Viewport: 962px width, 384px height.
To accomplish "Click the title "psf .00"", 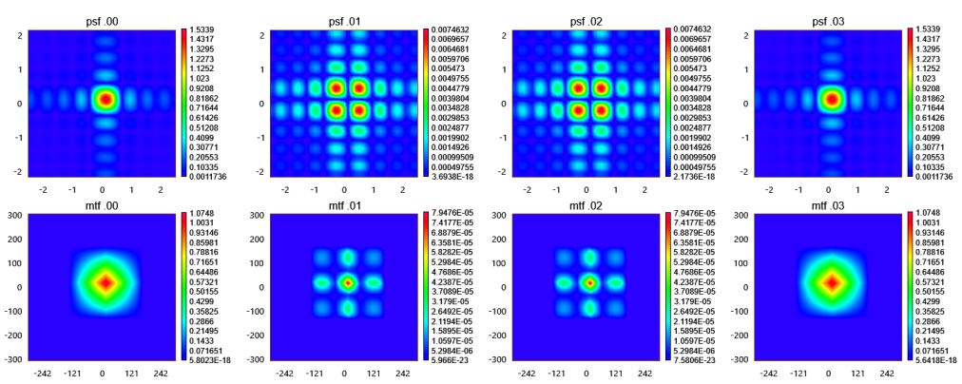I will [105, 18].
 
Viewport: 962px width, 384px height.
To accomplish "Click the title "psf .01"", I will [346, 18].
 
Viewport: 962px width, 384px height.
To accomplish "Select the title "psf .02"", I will [587, 18].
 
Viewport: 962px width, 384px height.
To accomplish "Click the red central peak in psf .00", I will [105, 99].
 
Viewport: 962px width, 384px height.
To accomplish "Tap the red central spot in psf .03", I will [830, 99].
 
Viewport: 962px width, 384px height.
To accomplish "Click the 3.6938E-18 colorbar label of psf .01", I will [456, 178].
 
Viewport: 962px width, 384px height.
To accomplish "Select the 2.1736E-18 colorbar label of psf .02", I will [699, 178].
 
